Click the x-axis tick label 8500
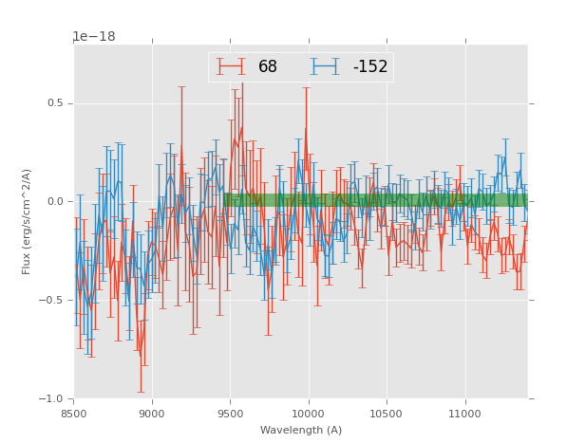74,413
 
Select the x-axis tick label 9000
152,413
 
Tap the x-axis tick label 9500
230,413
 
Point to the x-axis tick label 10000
308,413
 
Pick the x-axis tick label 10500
386,413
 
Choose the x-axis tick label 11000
463,413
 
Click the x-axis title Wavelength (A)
301,430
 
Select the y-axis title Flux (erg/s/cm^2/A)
28,221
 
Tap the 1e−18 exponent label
94,37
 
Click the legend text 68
268,67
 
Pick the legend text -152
369,67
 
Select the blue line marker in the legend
327,66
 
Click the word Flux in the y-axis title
28,263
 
